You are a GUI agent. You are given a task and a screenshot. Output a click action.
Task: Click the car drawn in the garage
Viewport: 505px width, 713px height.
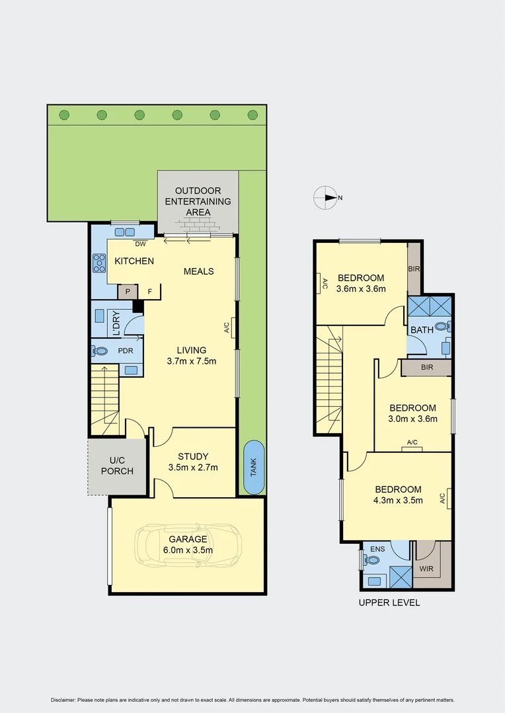tap(188, 545)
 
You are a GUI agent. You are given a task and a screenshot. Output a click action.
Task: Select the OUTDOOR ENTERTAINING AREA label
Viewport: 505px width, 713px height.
tap(198, 201)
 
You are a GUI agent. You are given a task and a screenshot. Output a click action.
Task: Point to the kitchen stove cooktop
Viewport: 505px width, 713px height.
tap(100, 263)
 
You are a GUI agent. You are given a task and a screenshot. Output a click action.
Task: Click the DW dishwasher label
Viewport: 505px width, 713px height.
tap(141, 244)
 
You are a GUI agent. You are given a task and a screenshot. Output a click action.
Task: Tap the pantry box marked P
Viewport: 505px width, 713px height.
tap(126, 291)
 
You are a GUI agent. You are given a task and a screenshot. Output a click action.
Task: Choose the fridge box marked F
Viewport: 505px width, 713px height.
tap(150, 291)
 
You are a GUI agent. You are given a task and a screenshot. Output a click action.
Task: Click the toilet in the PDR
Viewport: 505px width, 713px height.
tap(100, 351)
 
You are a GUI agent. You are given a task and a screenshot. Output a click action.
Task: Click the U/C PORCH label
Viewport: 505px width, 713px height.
tap(121, 465)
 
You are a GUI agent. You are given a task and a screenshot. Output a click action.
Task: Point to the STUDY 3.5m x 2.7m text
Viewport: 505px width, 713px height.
tap(193, 461)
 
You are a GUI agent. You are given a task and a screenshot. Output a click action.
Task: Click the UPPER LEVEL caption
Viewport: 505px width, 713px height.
tap(389, 603)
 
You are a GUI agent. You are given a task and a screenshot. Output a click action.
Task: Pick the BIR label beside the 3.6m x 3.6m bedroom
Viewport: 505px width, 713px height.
tap(414, 269)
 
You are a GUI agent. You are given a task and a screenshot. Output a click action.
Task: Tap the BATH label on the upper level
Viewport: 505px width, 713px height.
tap(422, 329)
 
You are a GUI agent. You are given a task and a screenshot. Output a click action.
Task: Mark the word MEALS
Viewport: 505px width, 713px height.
tap(198, 271)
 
